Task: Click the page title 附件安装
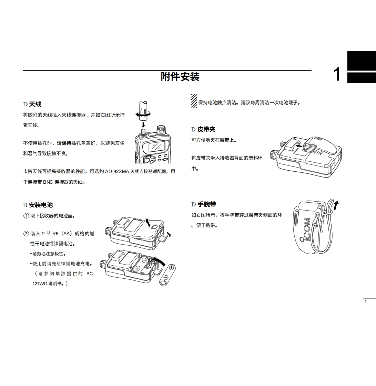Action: pyautogui.click(x=180, y=76)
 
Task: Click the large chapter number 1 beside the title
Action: pyautogui.click(x=337, y=74)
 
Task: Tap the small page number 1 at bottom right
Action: pyautogui.click(x=366, y=302)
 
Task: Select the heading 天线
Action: pyautogui.click(x=35, y=104)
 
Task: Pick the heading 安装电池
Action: pyautogui.click(x=41, y=205)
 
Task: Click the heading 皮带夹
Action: pyautogui.click(x=206, y=129)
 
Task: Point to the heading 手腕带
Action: pyautogui.click(x=207, y=204)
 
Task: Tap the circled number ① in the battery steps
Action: pyautogui.click(x=26, y=216)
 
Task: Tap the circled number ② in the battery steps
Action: pyautogui.click(x=26, y=234)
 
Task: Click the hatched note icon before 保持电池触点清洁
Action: pyautogui.click(x=194, y=100)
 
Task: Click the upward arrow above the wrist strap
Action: pyautogui.click(x=336, y=205)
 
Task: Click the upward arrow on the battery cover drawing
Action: pyautogui.click(x=148, y=222)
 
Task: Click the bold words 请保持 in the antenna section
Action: pyautogui.click(x=64, y=143)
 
